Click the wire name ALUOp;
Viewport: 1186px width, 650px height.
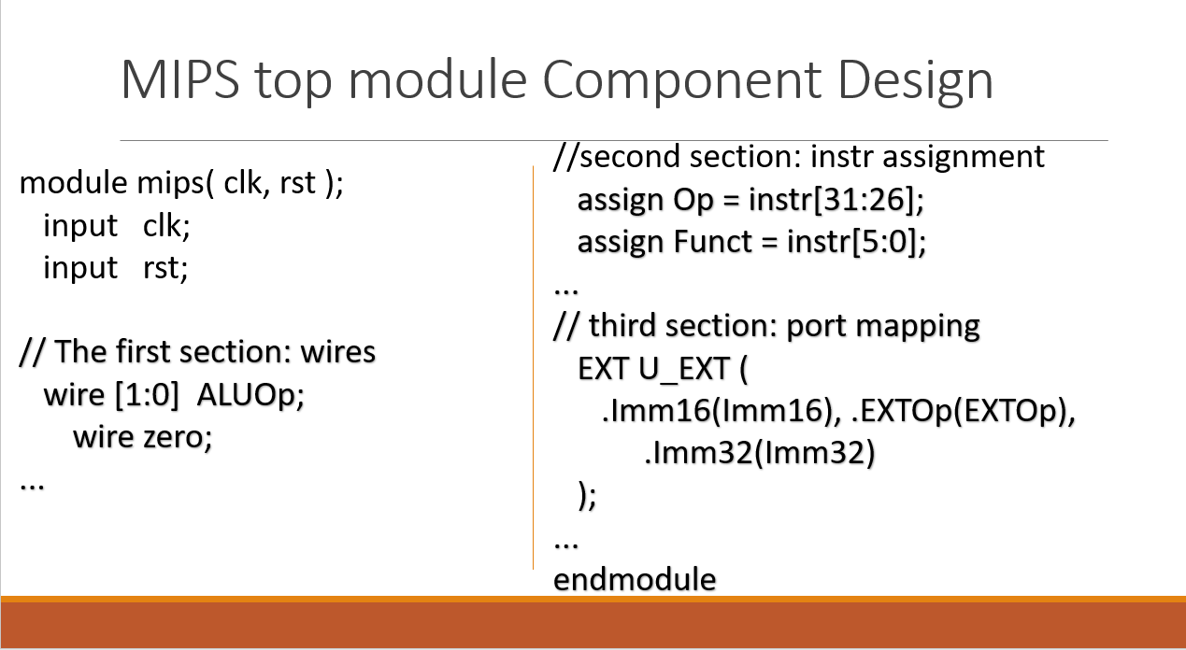pyautogui.click(x=251, y=396)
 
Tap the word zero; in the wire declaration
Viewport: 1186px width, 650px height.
pyautogui.click(x=177, y=437)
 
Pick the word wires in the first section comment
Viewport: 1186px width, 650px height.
pyautogui.click(x=334, y=352)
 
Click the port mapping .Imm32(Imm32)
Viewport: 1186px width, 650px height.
pyautogui.click(x=759, y=454)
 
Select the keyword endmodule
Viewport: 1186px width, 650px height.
pyautogui.click(x=635, y=579)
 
